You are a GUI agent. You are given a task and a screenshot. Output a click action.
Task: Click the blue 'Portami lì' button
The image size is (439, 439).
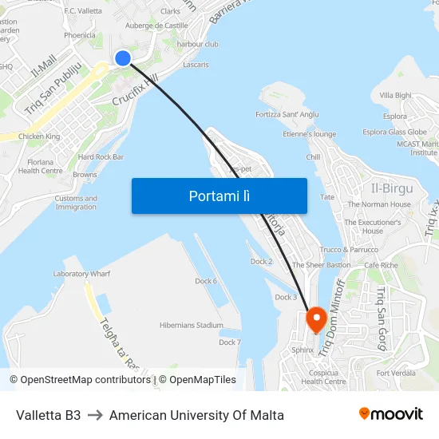pos(219,196)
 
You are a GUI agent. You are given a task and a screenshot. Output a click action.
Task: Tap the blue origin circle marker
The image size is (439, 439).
pos(123,58)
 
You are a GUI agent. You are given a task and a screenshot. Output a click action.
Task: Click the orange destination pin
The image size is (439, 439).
pos(316,319)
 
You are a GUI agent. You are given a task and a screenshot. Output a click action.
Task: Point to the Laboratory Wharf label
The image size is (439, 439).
pos(81,274)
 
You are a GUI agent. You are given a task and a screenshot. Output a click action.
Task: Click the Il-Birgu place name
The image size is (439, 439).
pos(392,188)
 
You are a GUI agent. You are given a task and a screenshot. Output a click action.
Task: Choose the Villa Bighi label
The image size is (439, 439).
pos(396,95)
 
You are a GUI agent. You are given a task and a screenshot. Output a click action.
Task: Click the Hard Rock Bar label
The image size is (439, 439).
pos(101,157)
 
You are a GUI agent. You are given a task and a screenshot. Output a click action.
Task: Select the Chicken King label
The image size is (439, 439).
pos(39,136)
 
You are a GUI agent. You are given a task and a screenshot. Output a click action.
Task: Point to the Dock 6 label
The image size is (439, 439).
pos(206,281)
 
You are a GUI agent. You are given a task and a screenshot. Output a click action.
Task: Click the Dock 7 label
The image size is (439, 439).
pos(230,342)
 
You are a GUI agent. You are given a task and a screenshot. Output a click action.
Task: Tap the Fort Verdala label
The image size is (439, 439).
pos(397,373)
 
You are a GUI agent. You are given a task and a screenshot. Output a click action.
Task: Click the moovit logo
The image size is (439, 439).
pos(391,414)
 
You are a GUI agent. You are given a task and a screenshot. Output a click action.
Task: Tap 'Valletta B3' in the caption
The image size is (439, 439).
pos(49,415)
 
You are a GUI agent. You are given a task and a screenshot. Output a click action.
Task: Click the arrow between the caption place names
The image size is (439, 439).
pos(95,415)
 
